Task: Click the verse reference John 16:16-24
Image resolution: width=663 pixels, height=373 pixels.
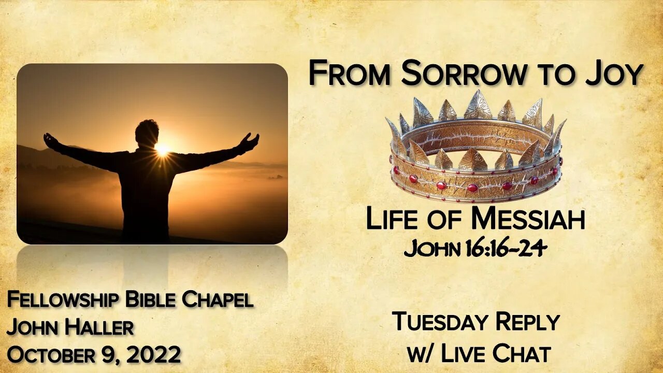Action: tap(475, 249)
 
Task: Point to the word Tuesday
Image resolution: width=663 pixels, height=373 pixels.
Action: tap(440, 322)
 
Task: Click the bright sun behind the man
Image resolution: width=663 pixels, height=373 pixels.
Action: tap(163, 149)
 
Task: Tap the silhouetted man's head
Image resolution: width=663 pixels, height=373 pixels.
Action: tap(147, 133)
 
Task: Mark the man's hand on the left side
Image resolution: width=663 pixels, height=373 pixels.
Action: tap(50, 139)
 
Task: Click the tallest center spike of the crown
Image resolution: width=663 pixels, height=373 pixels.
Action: tap(478, 105)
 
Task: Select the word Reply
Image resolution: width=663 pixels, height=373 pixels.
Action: tap(527, 322)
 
